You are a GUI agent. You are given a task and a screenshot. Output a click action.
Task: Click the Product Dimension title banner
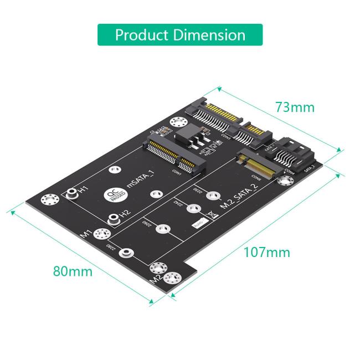tap(180, 34)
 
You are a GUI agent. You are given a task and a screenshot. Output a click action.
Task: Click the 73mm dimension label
tap(295, 107)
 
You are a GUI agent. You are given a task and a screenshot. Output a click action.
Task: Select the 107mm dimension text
tap(267, 253)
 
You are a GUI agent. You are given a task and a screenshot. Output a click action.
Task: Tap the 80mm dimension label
tap(73, 271)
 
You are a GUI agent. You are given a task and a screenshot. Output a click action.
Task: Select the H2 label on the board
tap(125, 213)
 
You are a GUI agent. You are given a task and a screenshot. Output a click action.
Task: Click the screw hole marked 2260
tap(162, 228)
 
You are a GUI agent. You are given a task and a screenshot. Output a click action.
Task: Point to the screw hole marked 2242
tap(192, 209)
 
